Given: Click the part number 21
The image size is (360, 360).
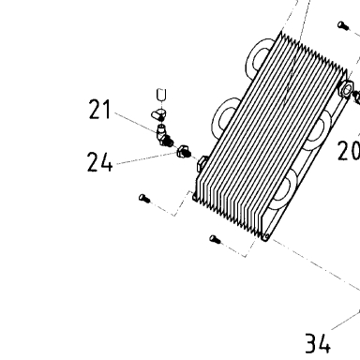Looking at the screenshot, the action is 99,109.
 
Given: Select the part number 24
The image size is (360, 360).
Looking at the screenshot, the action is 99,161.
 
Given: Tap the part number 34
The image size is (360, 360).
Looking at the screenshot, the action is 318,343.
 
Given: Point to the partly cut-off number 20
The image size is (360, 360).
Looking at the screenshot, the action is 349,151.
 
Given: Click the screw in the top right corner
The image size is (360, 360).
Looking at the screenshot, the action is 343,25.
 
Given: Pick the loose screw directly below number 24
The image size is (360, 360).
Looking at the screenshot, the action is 144,199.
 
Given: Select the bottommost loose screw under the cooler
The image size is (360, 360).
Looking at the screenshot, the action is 215,240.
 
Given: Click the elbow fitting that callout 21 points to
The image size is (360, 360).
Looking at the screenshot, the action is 164,136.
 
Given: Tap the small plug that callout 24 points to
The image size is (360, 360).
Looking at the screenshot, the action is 184,152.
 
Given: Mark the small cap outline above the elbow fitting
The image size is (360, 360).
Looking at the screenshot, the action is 161,94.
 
